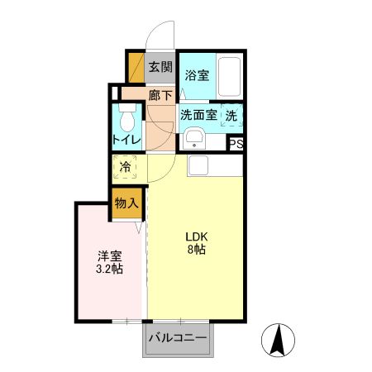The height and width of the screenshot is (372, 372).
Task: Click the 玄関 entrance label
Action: (160, 67)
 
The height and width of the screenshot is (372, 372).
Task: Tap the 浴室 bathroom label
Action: (197, 75)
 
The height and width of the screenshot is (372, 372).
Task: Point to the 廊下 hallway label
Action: (160, 95)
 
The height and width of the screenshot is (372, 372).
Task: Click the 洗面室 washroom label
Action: (198, 115)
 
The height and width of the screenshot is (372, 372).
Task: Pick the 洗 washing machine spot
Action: (232, 115)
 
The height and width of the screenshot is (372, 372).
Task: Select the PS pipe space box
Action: (236, 143)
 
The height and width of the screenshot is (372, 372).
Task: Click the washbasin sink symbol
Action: (195, 137)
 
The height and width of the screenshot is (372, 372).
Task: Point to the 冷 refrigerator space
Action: (126, 168)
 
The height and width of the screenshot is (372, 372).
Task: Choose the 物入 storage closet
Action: (126, 203)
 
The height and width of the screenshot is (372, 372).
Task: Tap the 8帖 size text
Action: (196, 250)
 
